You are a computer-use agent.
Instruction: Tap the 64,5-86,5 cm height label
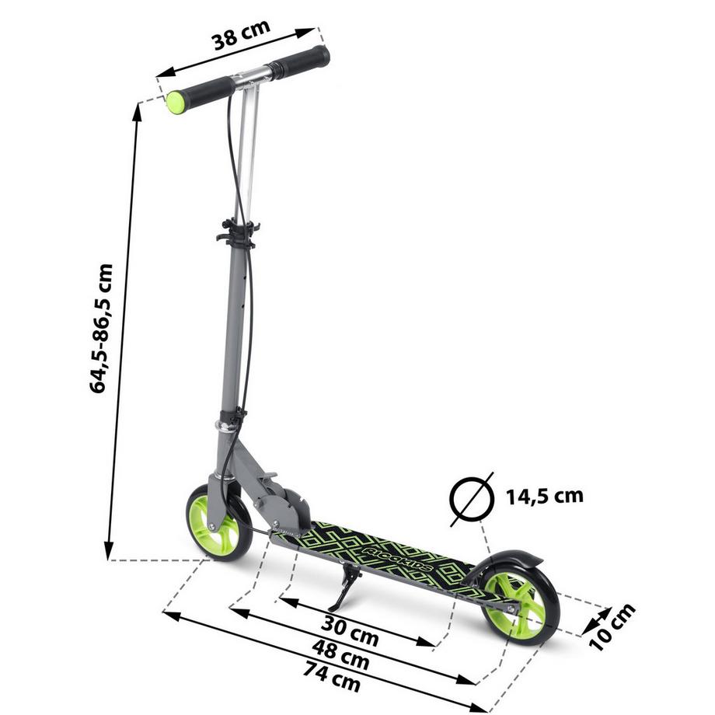pyautogui.click(x=102, y=327)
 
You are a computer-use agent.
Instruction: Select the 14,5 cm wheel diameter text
pyautogui.click(x=544, y=495)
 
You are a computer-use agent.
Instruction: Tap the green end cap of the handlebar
pyautogui.click(x=178, y=102)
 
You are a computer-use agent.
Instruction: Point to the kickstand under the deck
pyautogui.click(x=344, y=591)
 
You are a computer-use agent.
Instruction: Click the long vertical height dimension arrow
pyautogui.click(x=123, y=326)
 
